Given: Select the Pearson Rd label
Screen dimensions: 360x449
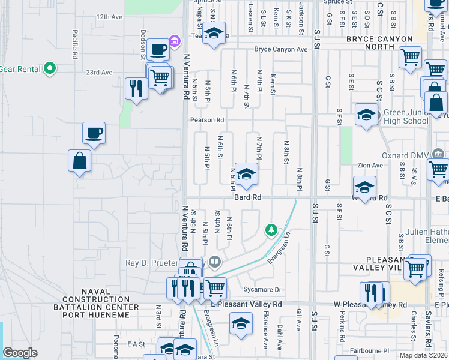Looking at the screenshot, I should pyautogui.click(x=207, y=120).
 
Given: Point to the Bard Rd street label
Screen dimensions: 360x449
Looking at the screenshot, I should pyautogui.click(x=247, y=197).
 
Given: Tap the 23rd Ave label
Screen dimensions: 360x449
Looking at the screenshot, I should pyautogui.click(x=99, y=73).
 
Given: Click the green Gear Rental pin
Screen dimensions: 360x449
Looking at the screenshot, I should pyautogui.click(x=50, y=68).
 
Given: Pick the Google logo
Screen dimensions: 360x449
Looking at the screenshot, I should pyautogui.click(x=20, y=353).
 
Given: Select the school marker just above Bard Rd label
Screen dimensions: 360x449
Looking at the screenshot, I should pyautogui.click(x=246, y=175).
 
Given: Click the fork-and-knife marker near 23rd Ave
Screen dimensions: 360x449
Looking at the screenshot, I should pyautogui.click(x=136, y=89).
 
